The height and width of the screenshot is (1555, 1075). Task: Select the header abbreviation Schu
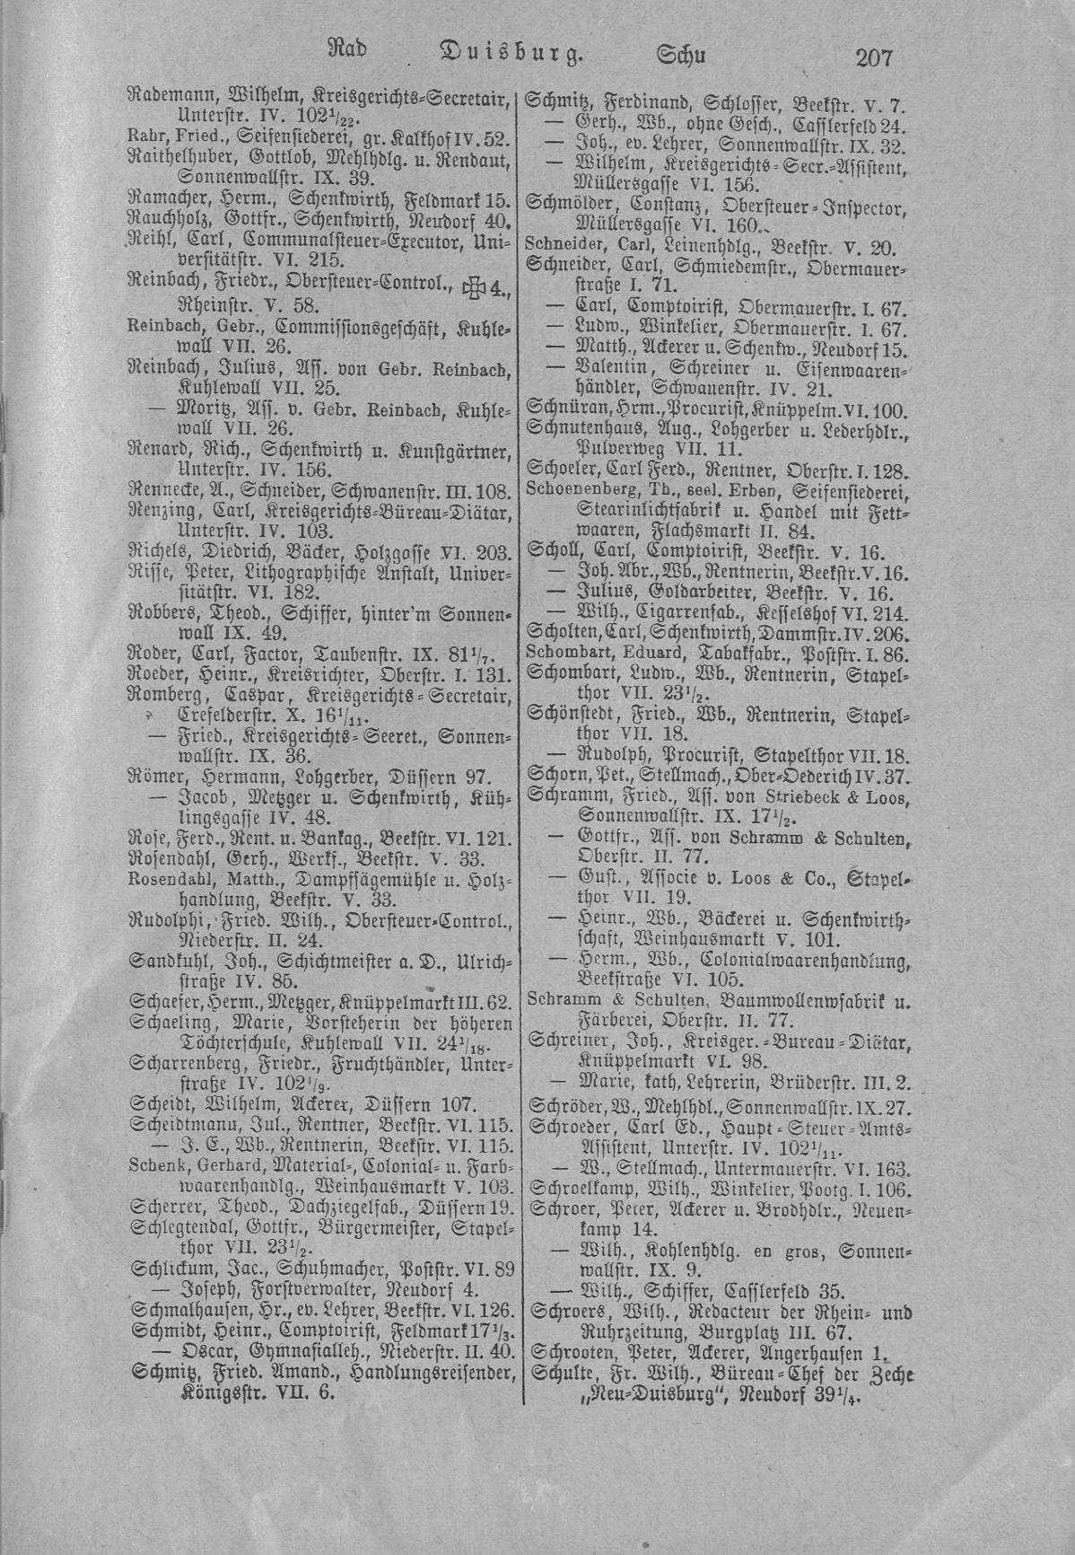682,56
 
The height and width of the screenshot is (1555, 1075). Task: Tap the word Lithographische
290,574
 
